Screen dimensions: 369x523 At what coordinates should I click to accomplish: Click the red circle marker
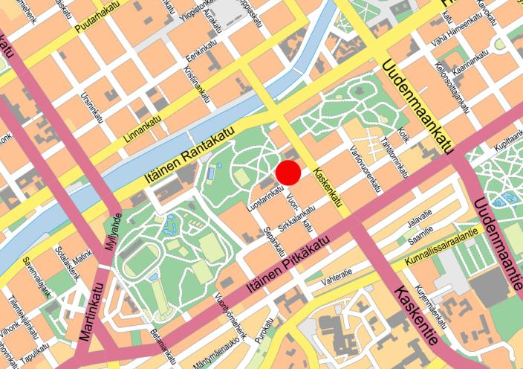click(288, 173)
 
